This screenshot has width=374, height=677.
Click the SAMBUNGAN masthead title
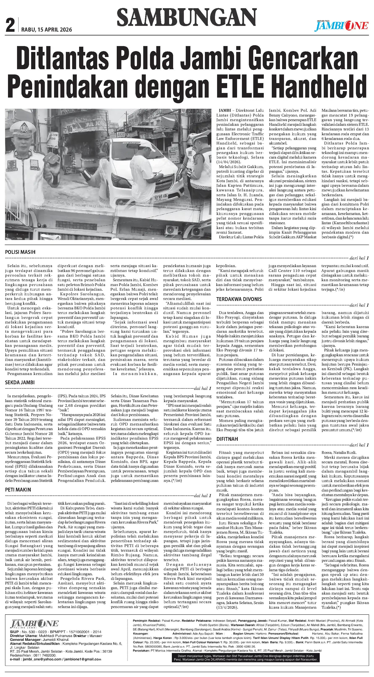[186, 17]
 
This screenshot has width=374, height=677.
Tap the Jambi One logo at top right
[342, 25]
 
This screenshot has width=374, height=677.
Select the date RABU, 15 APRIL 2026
[46, 29]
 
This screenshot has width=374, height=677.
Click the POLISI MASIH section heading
[20, 252]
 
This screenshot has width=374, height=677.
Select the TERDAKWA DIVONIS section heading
[239, 299]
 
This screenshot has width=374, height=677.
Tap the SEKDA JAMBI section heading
[20, 382]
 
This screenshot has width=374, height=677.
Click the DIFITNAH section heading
[227, 439]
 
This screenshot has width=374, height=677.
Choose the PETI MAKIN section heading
[18, 490]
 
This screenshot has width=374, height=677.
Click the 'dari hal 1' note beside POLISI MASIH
[359, 258]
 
